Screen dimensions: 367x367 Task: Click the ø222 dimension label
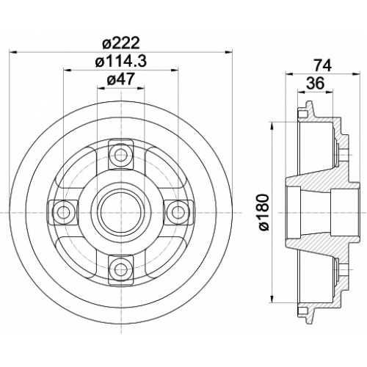(x=121, y=43)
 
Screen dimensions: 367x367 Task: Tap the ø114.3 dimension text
(x=121, y=61)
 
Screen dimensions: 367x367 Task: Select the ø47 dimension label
(x=121, y=79)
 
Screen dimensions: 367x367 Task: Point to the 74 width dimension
(x=323, y=65)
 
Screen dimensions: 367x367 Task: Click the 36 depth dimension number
(x=316, y=83)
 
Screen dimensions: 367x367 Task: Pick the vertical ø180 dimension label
(x=264, y=212)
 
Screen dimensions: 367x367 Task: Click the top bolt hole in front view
(x=121, y=154)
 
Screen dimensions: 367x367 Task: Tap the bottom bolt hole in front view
(x=121, y=270)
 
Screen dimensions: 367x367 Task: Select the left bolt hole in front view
(x=63, y=212)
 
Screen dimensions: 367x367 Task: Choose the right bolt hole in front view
(x=178, y=212)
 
